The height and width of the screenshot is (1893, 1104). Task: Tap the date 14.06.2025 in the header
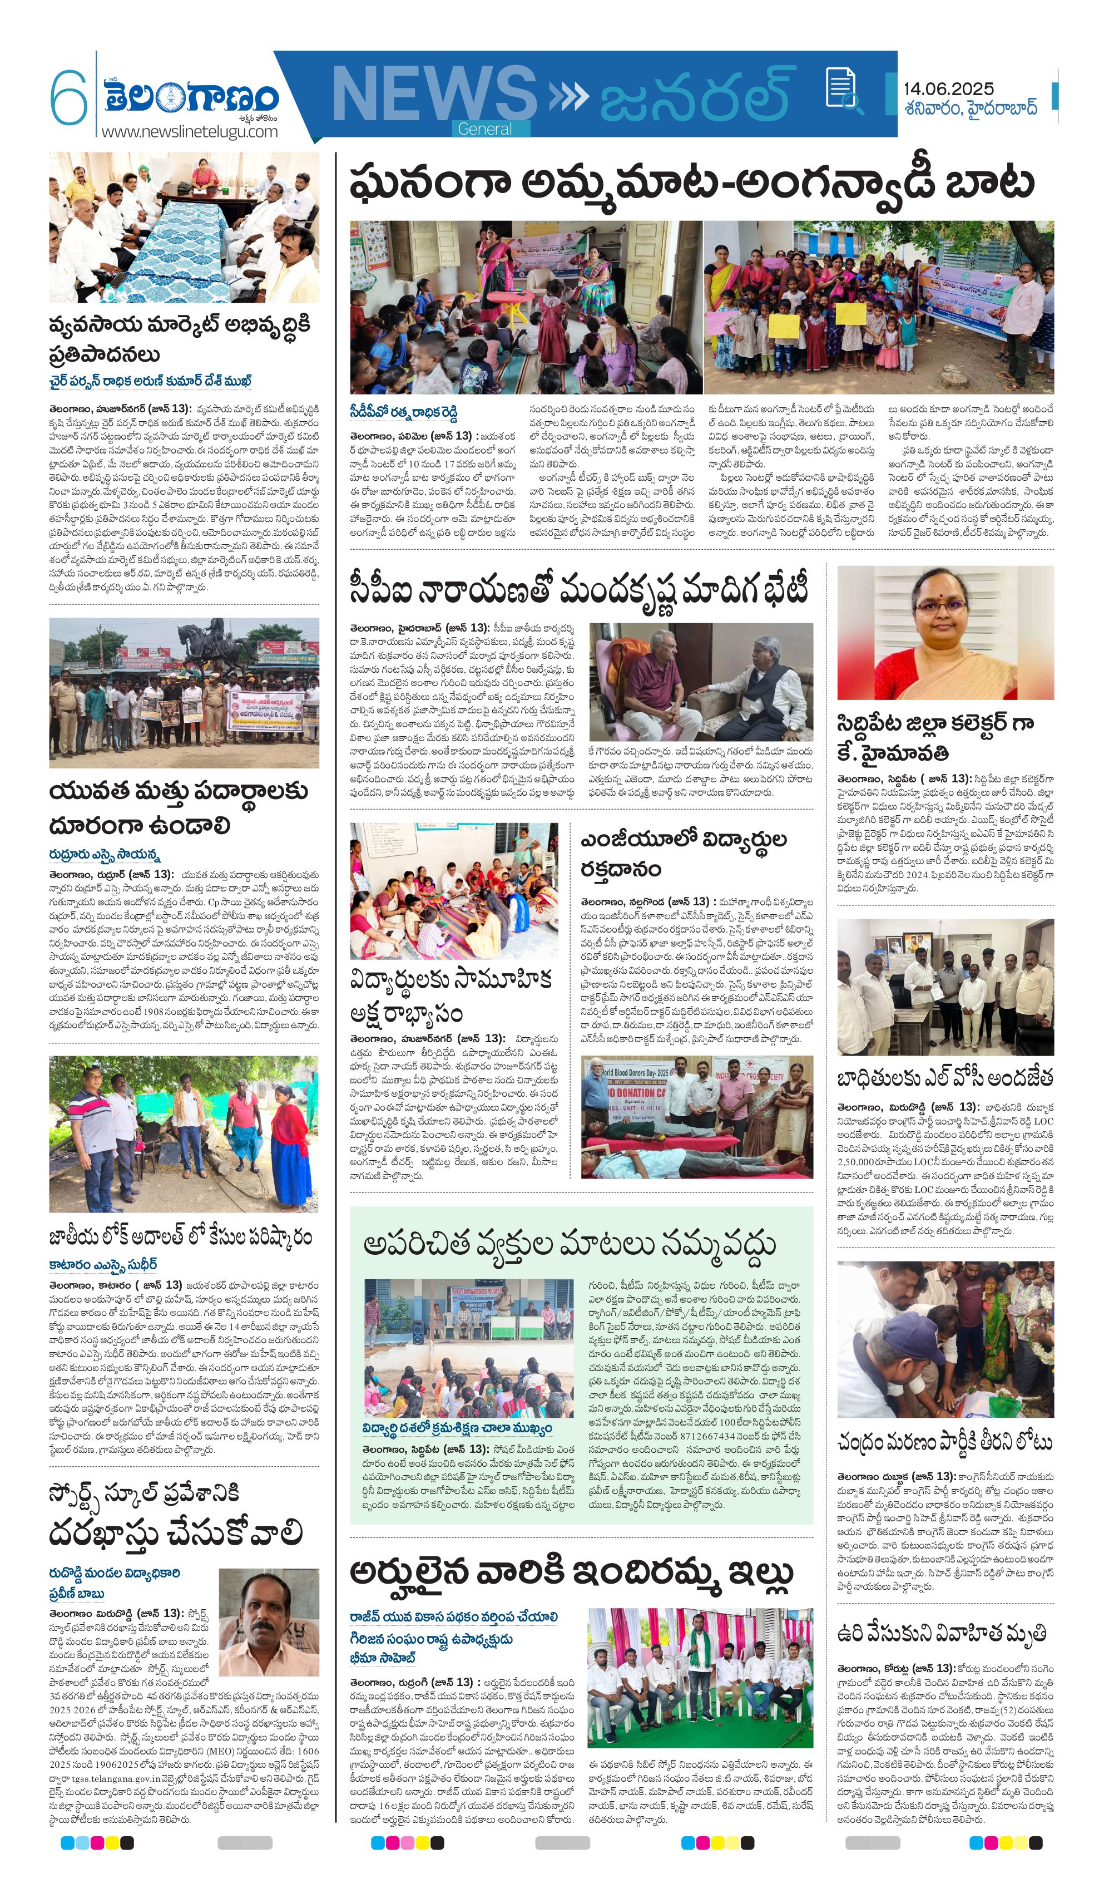pos(948,88)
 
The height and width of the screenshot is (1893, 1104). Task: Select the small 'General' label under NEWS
pos(484,129)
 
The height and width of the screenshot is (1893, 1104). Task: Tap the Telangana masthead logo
pos(191,96)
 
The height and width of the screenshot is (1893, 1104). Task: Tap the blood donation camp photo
pos(696,1116)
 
